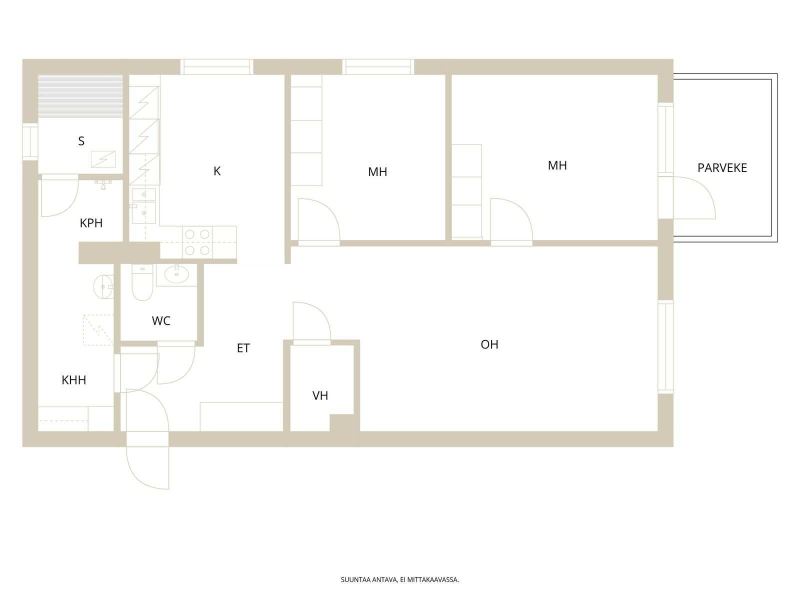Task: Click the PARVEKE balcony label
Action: (x=721, y=168)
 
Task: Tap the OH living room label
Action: (x=489, y=344)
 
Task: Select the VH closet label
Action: (x=320, y=395)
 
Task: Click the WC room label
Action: (x=160, y=321)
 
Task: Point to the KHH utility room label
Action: (x=73, y=380)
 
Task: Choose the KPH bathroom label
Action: (x=91, y=223)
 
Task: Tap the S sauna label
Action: (x=81, y=141)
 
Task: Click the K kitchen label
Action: (x=217, y=171)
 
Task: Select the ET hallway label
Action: (x=243, y=348)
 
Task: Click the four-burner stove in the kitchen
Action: (x=197, y=242)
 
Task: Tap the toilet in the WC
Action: (x=142, y=282)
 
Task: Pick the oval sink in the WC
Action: (x=176, y=274)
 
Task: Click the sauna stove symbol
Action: (x=103, y=159)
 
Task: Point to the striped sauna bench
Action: (x=80, y=96)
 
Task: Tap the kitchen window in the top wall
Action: (x=217, y=67)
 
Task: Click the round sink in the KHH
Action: (x=103, y=286)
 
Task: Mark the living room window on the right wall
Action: (x=665, y=347)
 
